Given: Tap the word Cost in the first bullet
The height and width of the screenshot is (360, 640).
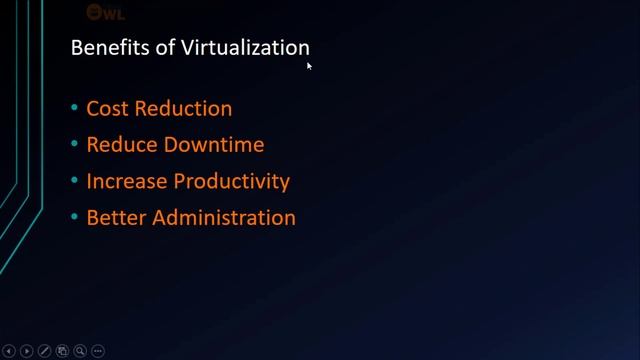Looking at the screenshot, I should point(105,108).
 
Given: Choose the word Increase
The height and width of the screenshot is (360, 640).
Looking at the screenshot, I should point(127,181).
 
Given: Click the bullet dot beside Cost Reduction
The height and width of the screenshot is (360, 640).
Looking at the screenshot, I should point(74,109).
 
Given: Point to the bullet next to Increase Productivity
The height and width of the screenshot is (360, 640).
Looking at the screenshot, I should point(74,182).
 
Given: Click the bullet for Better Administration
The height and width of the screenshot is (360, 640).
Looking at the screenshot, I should point(74,218).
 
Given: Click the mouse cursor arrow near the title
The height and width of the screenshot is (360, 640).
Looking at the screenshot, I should point(309,65).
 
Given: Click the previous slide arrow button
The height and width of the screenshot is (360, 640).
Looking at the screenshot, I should point(8,351).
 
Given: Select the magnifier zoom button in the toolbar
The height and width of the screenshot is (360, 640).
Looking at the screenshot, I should point(80,351).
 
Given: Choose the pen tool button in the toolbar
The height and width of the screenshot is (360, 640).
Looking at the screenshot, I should point(45,351).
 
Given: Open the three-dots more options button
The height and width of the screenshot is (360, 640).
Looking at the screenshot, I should point(98,351).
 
